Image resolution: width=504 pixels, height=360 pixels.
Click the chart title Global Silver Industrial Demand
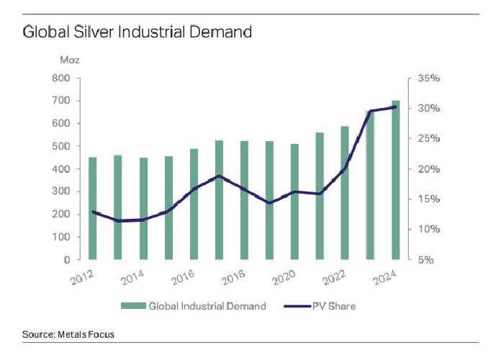click(137, 32)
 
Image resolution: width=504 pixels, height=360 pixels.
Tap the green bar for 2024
click(396, 180)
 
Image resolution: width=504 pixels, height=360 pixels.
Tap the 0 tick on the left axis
click(66, 259)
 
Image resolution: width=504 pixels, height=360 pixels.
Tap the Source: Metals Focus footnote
click(68, 334)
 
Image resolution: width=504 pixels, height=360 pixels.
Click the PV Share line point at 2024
click(396, 107)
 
